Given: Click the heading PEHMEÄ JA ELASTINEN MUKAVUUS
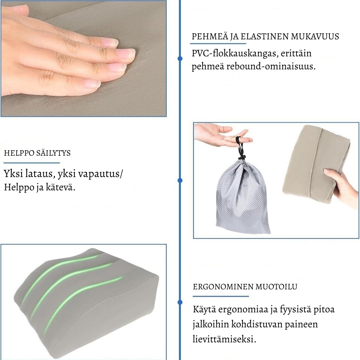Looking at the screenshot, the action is (x=265, y=37).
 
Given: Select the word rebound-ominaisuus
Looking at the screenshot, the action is (x=271, y=66).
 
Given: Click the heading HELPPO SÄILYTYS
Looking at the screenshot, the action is (x=37, y=153).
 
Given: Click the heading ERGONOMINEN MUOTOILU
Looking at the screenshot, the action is (x=245, y=287).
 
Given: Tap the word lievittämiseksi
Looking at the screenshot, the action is (x=224, y=339).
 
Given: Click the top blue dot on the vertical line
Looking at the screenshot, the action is (x=180, y=59).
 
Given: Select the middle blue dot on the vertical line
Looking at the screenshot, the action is (x=180, y=180).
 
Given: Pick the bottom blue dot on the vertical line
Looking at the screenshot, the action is (x=180, y=302).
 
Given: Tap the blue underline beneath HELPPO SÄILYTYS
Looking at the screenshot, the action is (x=32, y=163).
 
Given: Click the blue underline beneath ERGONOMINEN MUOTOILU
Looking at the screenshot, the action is (x=221, y=296).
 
